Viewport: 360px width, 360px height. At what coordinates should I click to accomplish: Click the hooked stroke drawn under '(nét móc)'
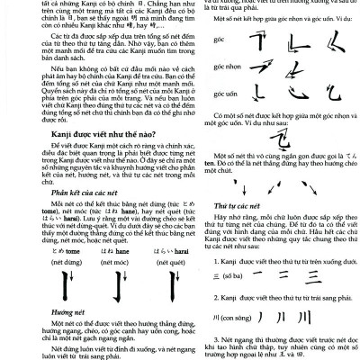pyautogui.click(x=86, y=288)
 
